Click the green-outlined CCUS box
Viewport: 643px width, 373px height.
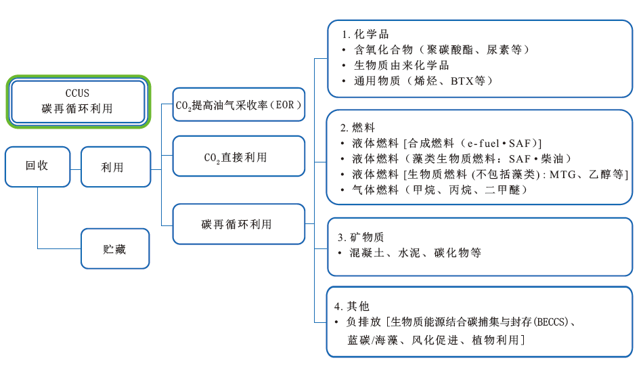[78, 101]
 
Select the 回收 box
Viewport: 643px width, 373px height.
[37, 166]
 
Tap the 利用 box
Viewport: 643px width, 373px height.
[116, 167]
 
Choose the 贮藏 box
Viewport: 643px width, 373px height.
[115, 248]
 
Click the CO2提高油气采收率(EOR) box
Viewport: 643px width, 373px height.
[239, 105]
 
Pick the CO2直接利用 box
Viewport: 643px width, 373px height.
[238, 157]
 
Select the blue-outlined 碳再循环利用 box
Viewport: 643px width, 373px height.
[238, 224]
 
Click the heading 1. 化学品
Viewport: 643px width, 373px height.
[365, 35]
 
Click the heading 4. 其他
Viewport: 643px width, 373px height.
[357, 306]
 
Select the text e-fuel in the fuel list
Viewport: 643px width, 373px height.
[479, 143]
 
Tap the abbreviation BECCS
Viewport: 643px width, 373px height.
[552, 322]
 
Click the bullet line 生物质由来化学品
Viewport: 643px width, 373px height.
[402, 66]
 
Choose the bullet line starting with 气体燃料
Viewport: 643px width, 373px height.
[441, 190]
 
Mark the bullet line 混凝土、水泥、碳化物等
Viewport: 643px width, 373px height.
[416, 253]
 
